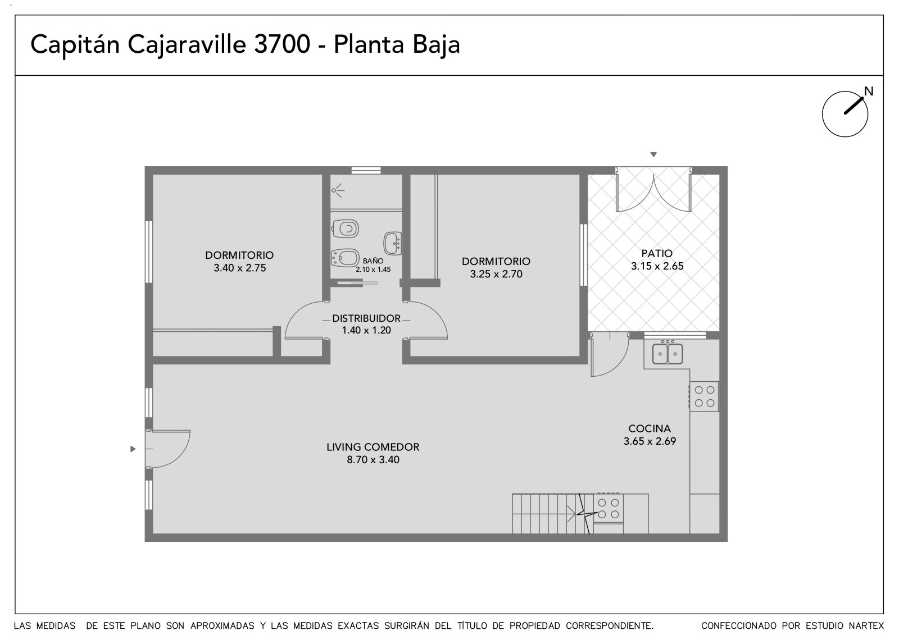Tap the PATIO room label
click(x=657, y=254)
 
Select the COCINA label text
click(x=650, y=428)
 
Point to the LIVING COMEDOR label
click(x=373, y=447)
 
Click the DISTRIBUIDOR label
click(x=366, y=318)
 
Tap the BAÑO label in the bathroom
click(x=373, y=261)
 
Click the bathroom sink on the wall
click(x=393, y=243)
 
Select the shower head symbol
click(x=338, y=190)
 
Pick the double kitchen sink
click(x=667, y=353)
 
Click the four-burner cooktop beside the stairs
click(x=608, y=508)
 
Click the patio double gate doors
click(x=653, y=189)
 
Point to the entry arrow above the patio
click(x=653, y=154)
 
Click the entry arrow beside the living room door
click(x=133, y=449)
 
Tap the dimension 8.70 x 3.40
click(x=373, y=460)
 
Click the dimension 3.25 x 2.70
click(x=496, y=274)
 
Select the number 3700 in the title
click(x=282, y=44)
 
